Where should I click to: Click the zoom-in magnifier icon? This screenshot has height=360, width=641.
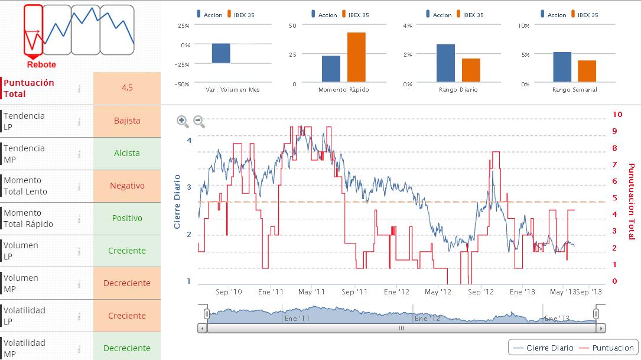pos(183,121)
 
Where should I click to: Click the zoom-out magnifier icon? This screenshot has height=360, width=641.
pos(199,121)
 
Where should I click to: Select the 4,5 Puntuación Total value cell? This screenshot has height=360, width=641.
pos(127,88)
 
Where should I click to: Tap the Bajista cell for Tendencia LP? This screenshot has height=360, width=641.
pos(127,121)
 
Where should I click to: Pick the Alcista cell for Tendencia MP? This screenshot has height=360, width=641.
pos(127,153)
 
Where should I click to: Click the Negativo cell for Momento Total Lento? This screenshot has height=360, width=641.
pos(127,186)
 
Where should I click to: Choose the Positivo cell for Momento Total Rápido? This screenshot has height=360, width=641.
pos(127,218)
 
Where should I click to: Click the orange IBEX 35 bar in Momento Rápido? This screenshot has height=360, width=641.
pos(356,57)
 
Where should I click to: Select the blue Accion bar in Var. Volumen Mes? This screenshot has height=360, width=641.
pos(221,53)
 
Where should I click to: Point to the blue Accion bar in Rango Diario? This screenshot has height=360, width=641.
pos(445,63)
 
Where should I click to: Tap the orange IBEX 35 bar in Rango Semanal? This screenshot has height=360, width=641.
pos(587,71)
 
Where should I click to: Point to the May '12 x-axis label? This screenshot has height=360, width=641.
pos(438,292)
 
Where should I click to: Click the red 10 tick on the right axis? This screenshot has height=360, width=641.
pos(618,114)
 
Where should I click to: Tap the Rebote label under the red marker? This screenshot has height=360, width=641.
pos(41,65)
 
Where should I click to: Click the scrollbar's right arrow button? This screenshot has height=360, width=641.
pos(601,328)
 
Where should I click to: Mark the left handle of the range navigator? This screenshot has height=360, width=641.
pos(207,313)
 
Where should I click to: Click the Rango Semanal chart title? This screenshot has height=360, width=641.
pos(574,90)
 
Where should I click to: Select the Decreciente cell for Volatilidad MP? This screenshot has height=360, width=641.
pos(127,348)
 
